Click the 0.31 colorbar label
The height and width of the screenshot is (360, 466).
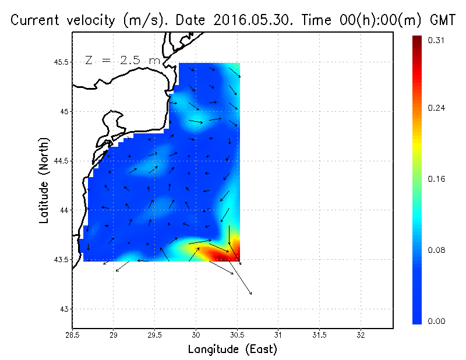[436, 40]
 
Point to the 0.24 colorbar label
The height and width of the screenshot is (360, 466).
[436, 108]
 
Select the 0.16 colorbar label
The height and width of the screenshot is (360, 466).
[436, 179]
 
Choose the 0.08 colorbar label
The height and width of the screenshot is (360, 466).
[436, 250]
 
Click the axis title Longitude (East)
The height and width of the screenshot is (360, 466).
[232, 349]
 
